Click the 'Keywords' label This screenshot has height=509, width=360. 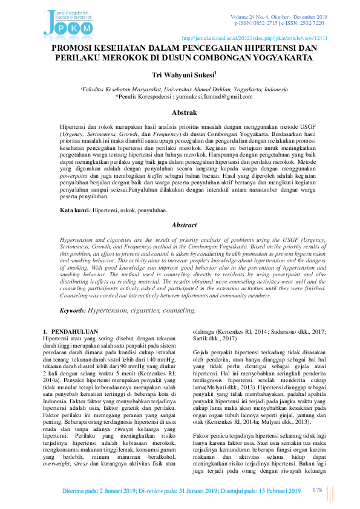click(x=73, y=310)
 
